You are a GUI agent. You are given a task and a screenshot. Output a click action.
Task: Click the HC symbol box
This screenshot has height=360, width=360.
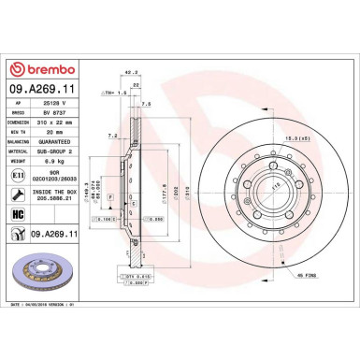pos(19,214)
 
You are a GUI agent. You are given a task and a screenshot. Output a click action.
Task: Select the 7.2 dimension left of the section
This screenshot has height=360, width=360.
pos(112,136)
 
